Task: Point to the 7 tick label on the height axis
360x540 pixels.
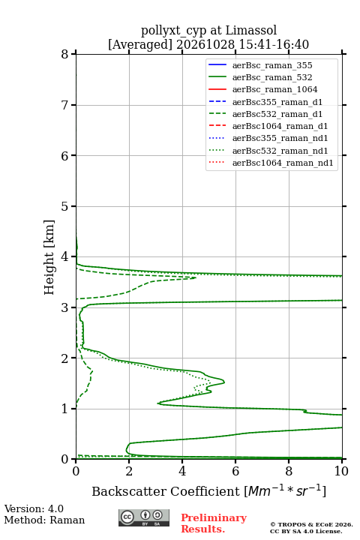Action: pyautogui.click(x=64, y=105)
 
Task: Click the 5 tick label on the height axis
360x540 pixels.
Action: pyautogui.click(x=64, y=206)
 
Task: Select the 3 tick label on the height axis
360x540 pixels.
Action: pyautogui.click(x=64, y=307)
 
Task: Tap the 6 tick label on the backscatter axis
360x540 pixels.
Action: pyautogui.click(x=235, y=471)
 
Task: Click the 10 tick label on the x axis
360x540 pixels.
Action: pyautogui.click(x=342, y=471)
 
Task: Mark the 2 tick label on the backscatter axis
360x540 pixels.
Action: pyautogui.click(x=129, y=471)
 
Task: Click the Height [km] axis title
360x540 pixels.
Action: pyautogui.click(x=49, y=257)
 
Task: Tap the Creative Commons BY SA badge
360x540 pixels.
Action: pyautogui.click(x=144, y=517)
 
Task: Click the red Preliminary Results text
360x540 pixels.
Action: pyautogui.click(x=214, y=523)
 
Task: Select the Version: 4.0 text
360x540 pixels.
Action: pyautogui.click(x=34, y=508)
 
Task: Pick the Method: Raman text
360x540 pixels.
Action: pyautogui.click(x=44, y=520)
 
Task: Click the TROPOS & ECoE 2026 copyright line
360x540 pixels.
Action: pyautogui.click(x=311, y=524)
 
